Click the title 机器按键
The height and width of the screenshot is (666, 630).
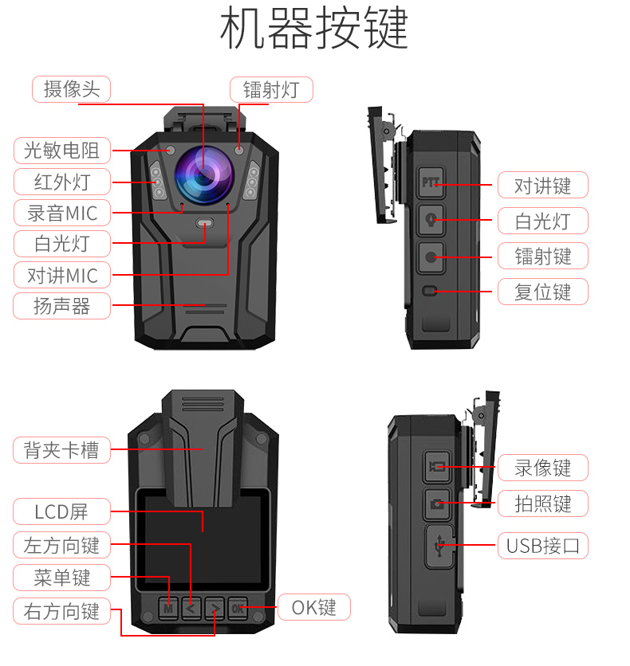pos(314,29)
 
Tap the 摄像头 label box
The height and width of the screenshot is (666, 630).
pos(72,89)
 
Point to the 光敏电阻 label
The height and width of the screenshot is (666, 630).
pos(61,150)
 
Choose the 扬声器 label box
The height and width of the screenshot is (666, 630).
pos(61,306)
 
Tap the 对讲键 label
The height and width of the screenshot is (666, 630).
pos(543,186)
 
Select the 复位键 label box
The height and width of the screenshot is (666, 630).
pos(543,292)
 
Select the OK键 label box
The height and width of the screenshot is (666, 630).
pos(313,608)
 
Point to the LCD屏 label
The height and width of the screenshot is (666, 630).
pos(61,511)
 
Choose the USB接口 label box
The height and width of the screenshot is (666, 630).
pos(543,547)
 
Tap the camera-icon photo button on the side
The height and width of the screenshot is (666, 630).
pos(437,503)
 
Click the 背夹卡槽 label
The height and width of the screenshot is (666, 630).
pos(61,450)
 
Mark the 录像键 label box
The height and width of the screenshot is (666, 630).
pos(543,468)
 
